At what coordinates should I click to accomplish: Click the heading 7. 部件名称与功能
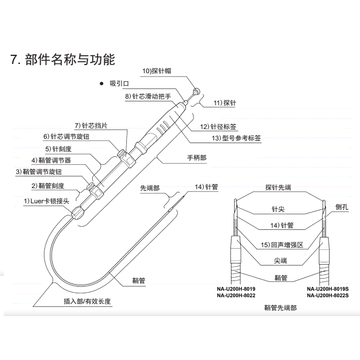[63, 59]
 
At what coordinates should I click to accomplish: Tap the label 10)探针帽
[157, 71]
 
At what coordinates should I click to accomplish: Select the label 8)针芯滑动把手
[148, 97]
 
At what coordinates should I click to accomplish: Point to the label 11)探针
[224, 102]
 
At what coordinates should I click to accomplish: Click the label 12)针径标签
[218, 126]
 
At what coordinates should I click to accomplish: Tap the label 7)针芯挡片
[91, 125]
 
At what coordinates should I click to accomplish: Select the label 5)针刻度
[56, 148]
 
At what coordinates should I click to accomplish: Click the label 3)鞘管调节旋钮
[39, 172]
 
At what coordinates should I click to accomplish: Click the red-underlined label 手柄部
[197, 157]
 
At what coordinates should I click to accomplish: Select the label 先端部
[150, 188]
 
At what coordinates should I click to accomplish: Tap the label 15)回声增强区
[281, 245]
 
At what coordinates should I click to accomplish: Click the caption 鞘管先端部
[280, 307]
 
